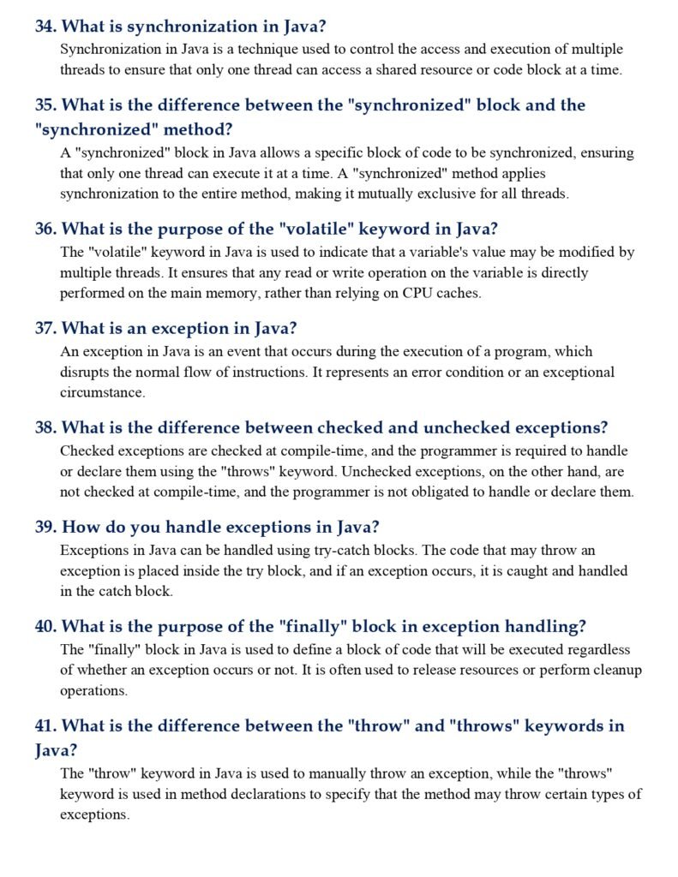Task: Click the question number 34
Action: coord(45,27)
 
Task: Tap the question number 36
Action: coord(45,230)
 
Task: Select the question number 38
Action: coord(45,427)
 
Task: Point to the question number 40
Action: coord(45,626)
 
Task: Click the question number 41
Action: coord(45,726)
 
